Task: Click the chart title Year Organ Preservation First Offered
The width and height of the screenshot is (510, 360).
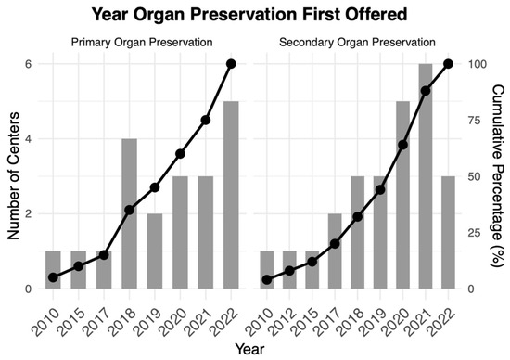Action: (254, 15)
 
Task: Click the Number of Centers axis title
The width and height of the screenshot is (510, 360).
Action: (13, 176)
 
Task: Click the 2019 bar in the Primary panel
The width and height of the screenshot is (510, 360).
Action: (155, 251)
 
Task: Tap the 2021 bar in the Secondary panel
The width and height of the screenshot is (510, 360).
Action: (427, 176)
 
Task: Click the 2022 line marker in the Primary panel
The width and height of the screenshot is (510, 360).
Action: (231, 64)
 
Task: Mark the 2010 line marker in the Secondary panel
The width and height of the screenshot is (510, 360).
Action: (267, 279)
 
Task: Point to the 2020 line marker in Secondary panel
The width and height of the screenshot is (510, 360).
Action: (403, 145)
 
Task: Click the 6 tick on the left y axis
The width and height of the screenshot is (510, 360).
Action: (29, 64)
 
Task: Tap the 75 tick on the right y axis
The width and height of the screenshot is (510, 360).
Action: (475, 121)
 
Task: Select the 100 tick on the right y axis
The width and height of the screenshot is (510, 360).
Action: (477, 64)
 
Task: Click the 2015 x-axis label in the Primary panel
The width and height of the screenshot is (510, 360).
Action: (77, 311)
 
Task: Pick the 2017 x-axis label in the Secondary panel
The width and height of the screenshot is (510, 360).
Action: (332, 311)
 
